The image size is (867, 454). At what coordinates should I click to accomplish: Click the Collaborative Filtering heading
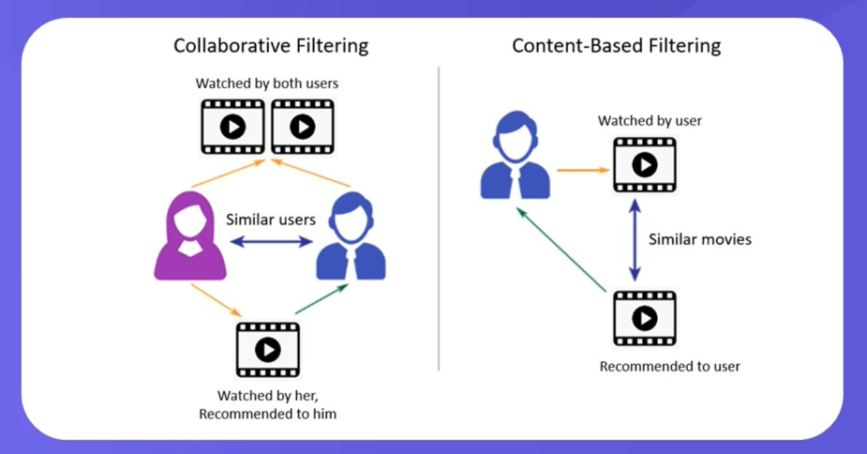pos(271,46)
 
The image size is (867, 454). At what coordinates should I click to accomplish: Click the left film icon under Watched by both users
pos(232,126)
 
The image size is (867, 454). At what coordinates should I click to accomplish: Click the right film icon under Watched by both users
pos(303,126)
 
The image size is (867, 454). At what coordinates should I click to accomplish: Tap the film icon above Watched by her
pos(268,350)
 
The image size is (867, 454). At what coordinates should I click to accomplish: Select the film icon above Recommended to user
pos(644,319)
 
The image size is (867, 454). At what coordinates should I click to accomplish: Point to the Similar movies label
pos(700,239)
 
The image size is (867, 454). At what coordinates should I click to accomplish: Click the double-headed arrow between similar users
pos(272,242)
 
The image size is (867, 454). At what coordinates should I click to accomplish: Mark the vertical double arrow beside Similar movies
pos(635,239)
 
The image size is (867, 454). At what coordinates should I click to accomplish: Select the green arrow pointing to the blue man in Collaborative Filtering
pos(320,299)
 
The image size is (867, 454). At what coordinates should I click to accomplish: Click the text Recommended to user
pos(669,366)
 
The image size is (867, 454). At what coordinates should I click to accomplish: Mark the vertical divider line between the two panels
pos(440,216)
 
